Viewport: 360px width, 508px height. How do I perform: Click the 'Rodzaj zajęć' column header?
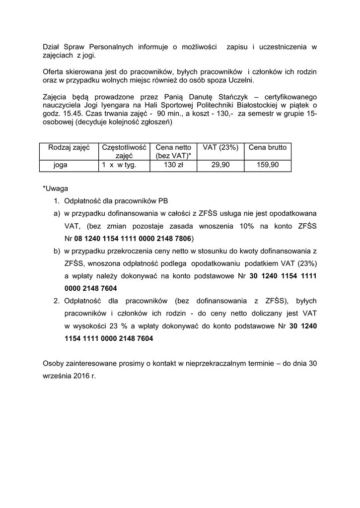click(x=69, y=147)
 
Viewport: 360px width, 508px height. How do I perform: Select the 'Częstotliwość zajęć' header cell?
click(x=124, y=151)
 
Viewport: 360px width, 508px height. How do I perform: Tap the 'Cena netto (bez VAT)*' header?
click(x=173, y=151)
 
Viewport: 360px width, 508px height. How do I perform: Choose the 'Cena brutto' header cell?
click(x=267, y=147)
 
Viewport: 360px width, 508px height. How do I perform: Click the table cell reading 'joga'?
click(x=61, y=165)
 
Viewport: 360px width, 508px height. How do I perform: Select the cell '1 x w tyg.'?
click(x=119, y=165)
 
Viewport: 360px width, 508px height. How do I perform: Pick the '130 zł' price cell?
click(x=173, y=165)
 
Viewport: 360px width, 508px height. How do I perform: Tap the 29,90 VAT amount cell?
click(x=220, y=165)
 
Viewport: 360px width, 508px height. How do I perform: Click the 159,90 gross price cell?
click(x=267, y=165)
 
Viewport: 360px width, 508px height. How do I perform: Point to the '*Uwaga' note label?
click(x=55, y=189)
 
